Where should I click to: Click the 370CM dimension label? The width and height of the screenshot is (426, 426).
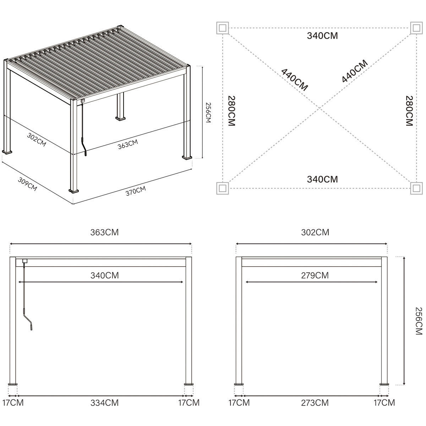pyautogui.click(x=136, y=191)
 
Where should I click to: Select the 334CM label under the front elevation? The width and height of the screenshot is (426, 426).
pyautogui.click(x=104, y=403)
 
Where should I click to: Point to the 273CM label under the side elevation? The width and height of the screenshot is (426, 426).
pyautogui.click(x=315, y=403)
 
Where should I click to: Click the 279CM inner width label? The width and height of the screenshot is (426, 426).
pyautogui.click(x=315, y=275)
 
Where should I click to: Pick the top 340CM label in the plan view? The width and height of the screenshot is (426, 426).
pyautogui.click(x=322, y=35)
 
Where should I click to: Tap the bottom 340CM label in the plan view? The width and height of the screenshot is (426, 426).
pyautogui.click(x=322, y=179)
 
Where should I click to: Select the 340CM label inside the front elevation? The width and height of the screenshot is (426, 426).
pyautogui.click(x=104, y=275)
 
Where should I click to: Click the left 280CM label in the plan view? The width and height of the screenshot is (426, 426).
pyautogui.click(x=231, y=111)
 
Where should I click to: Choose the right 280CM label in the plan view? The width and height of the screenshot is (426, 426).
pyautogui.click(x=409, y=111)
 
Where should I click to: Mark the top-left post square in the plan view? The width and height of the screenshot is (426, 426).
pyautogui.click(x=223, y=28)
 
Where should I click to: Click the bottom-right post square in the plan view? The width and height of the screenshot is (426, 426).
pyautogui.click(x=416, y=188)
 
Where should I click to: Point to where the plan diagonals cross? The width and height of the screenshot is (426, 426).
pyautogui.click(x=319, y=108)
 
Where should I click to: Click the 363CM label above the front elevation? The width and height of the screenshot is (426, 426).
pyautogui.click(x=104, y=232)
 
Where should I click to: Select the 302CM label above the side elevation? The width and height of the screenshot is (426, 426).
pyautogui.click(x=315, y=232)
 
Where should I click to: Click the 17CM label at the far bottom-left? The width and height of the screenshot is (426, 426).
pyautogui.click(x=13, y=403)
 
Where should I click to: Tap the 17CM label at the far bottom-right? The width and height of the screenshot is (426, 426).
pyautogui.click(x=384, y=403)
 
